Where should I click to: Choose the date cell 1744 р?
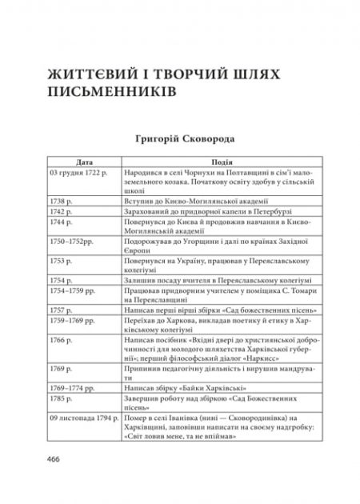(x=61, y=225)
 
